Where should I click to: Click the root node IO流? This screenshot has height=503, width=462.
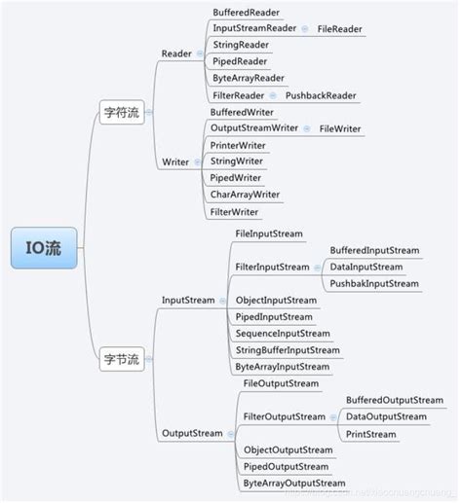click(x=42, y=249)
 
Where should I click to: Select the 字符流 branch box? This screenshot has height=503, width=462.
click(x=121, y=113)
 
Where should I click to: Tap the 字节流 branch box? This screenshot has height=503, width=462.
click(x=121, y=360)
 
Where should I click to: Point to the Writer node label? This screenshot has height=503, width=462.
click(x=175, y=162)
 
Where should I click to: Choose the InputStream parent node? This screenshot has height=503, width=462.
click(x=188, y=300)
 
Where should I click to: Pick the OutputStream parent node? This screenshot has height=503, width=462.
click(x=192, y=433)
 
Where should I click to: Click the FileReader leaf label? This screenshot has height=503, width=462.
click(x=340, y=29)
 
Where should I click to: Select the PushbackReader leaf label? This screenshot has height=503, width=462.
click(x=321, y=95)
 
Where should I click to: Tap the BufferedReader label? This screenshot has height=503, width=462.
click(x=247, y=12)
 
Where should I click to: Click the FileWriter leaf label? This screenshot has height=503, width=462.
click(x=340, y=128)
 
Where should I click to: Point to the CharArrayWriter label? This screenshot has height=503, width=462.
click(x=245, y=195)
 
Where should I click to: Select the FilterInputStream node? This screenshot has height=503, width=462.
click(x=272, y=267)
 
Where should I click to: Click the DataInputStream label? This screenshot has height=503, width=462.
click(x=366, y=267)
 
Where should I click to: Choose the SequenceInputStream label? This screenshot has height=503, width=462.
click(x=283, y=333)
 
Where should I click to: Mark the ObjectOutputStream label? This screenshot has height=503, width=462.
click(x=288, y=449)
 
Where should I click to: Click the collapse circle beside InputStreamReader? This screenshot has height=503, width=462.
click(x=305, y=29)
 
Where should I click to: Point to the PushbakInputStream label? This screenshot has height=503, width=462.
click(x=373, y=283)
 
